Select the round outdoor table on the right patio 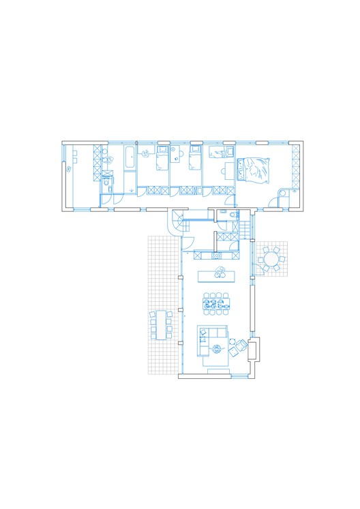pos(272,259)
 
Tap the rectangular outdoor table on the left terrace pos(162,324)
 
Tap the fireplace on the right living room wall pos(254,349)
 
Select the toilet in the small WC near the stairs pos(234,215)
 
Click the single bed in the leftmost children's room pos(161,161)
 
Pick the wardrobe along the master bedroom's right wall pos(295,167)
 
